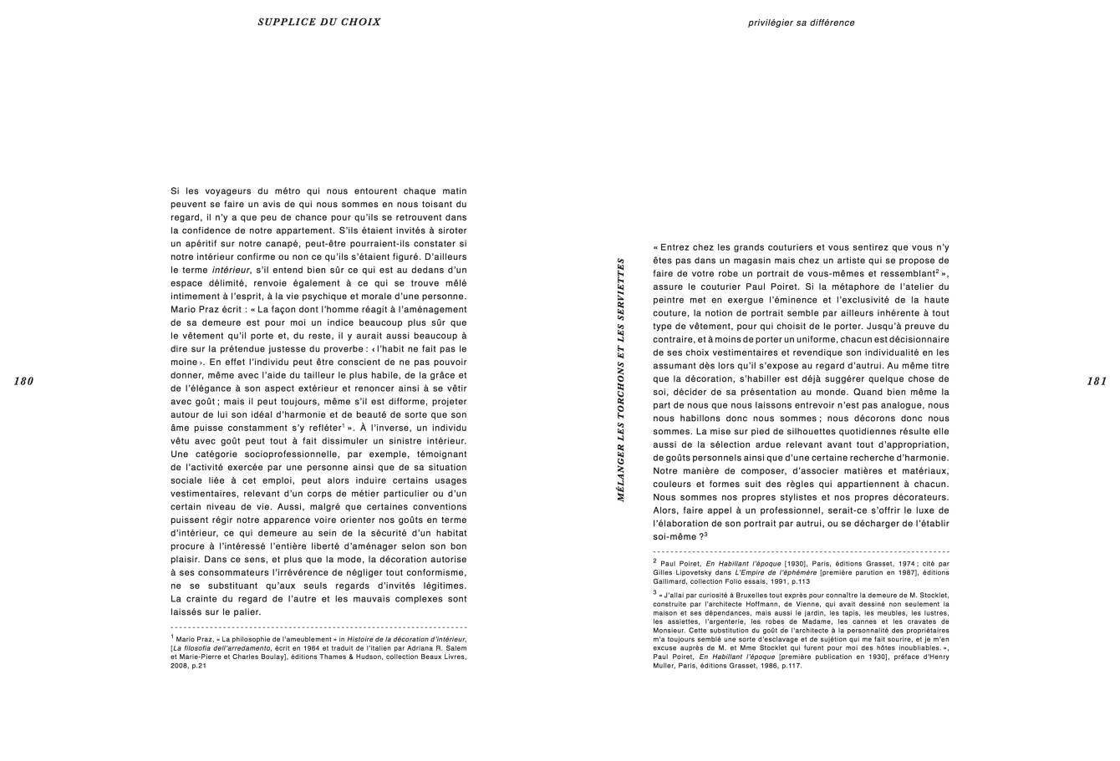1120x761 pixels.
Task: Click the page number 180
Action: point(23,382)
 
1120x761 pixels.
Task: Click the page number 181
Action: point(1097,382)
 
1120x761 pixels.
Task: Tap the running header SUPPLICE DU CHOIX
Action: point(319,23)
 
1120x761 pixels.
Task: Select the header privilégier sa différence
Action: point(801,23)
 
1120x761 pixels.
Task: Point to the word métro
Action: point(284,191)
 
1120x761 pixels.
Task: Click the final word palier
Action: point(248,611)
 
